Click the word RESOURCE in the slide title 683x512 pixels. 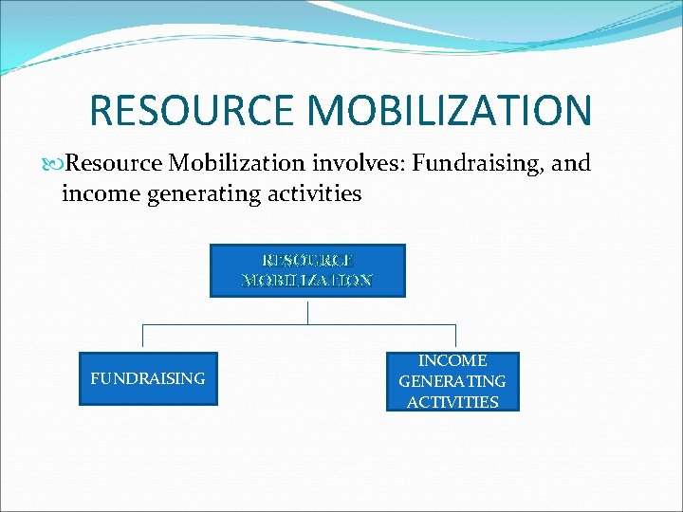[191, 110]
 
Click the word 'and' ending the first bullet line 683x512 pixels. [571, 163]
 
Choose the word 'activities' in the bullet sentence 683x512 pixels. [315, 193]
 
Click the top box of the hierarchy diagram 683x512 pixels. [307, 270]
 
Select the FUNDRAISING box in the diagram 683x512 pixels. [147, 378]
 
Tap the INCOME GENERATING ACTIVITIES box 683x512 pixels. [452, 381]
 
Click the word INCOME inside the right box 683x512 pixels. [452, 361]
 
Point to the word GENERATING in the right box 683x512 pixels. [452, 381]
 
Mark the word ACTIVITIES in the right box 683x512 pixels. [452, 402]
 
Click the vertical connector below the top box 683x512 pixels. [307, 311]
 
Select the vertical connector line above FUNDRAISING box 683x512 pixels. [142, 338]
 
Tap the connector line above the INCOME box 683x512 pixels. [456, 338]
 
